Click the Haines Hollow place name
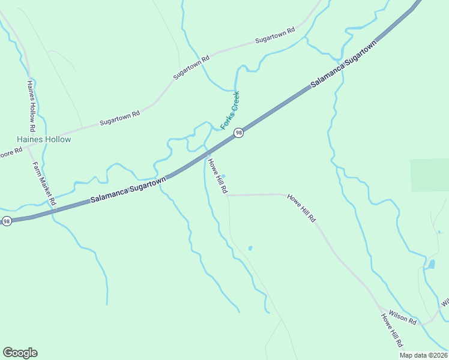44,139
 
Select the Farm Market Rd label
44,184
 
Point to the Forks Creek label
230,110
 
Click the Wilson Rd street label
402,317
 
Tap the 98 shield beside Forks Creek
238,133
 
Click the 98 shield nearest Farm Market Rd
7,221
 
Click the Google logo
20,353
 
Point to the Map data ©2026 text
424,355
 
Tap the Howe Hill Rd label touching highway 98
217,175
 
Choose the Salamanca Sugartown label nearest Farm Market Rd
128,190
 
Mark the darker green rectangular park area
429,175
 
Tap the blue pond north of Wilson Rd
431,264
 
